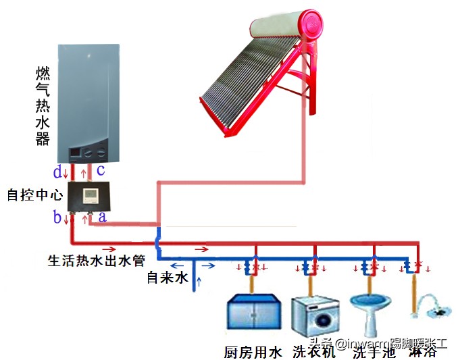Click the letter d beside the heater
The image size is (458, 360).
58,171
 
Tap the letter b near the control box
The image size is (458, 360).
58,217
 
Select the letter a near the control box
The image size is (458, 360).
102,217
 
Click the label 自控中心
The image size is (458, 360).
34,195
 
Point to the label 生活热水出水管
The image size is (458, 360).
95,260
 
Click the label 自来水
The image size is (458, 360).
166,277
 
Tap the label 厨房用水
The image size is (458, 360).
252,352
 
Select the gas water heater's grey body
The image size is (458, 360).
90,95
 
